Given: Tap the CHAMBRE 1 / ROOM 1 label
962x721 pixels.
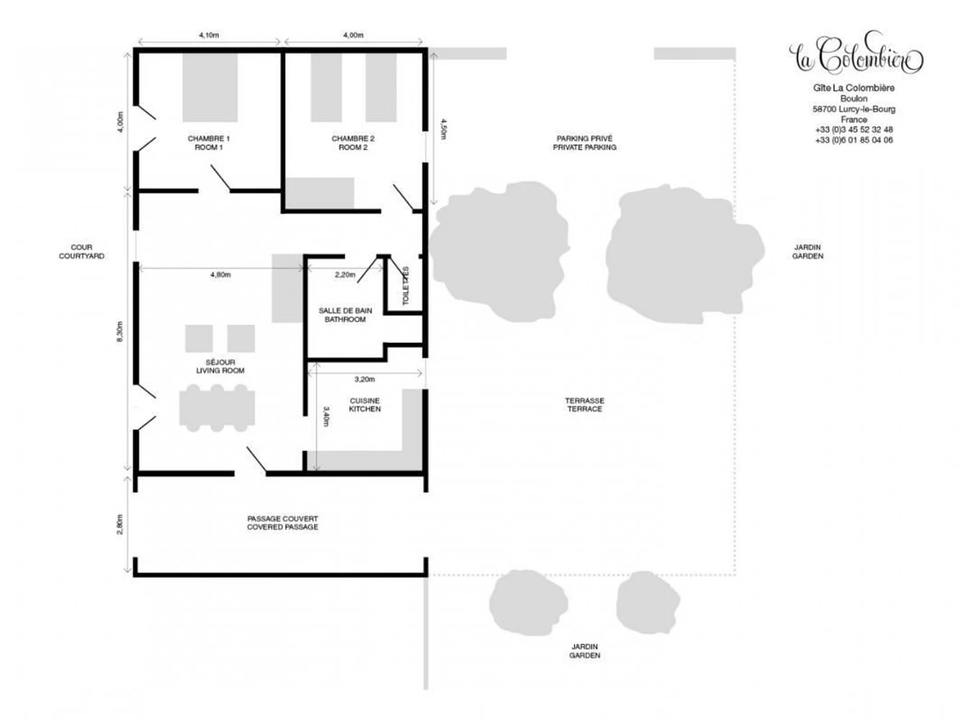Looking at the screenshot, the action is (208, 143).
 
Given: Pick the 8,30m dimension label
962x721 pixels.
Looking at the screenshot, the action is (119, 331).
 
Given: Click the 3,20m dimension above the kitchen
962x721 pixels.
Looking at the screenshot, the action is (363, 378).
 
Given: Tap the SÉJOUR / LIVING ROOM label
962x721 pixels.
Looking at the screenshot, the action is (219, 365).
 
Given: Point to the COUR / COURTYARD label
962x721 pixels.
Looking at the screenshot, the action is (81, 251).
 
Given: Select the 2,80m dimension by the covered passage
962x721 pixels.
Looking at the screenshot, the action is (119, 523).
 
